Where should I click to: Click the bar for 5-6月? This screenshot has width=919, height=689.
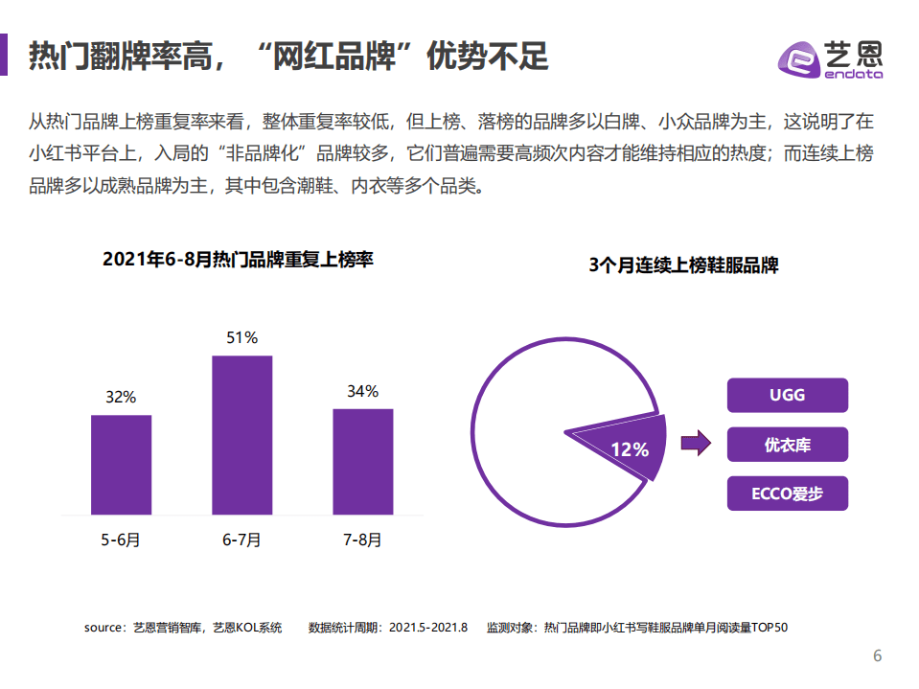pyautogui.click(x=121, y=465)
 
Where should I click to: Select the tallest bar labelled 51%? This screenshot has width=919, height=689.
pyautogui.click(x=241, y=435)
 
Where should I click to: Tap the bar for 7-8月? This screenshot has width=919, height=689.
pyautogui.click(x=362, y=462)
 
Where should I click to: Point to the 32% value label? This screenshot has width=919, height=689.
pyautogui.click(x=121, y=397)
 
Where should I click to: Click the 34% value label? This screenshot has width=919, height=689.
pyautogui.click(x=362, y=391)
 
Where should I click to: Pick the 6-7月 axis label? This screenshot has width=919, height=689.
pyautogui.click(x=241, y=540)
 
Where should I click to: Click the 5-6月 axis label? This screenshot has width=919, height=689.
pyautogui.click(x=121, y=540)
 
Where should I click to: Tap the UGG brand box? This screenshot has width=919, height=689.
pyautogui.click(x=787, y=395)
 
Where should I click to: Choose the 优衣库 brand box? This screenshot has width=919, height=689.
pyautogui.click(x=787, y=445)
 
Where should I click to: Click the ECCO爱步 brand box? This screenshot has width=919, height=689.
pyautogui.click(x=787, y=494)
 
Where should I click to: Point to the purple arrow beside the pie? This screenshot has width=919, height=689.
pyautogui.click(x=695, y=443)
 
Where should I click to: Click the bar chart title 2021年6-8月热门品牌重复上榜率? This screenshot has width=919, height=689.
pyautogui.click(x=237, y=260)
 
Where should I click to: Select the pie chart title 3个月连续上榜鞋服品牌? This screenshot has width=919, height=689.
pyautogui.click(x=683, y=265)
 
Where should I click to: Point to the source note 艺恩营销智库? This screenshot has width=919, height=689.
pyautogui.click(x=183, y=629)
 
